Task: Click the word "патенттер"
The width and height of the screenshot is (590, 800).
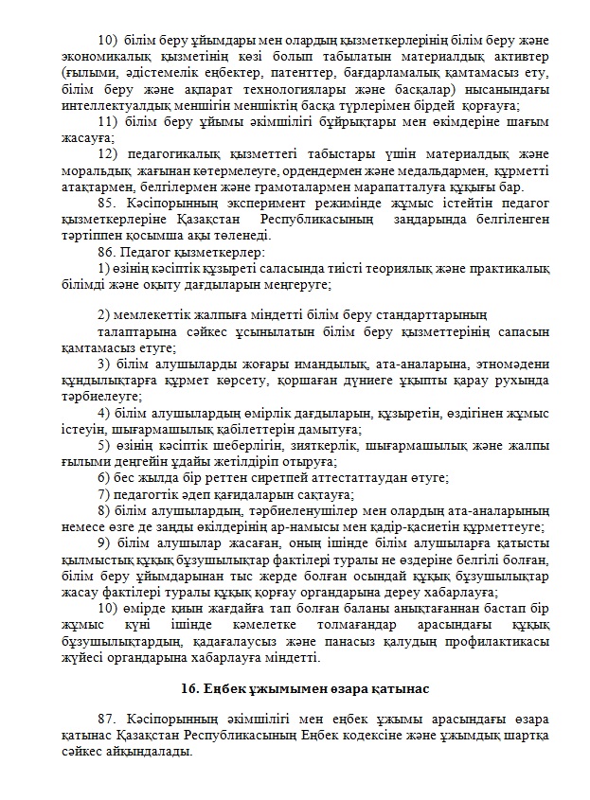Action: (x=271, y=71)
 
